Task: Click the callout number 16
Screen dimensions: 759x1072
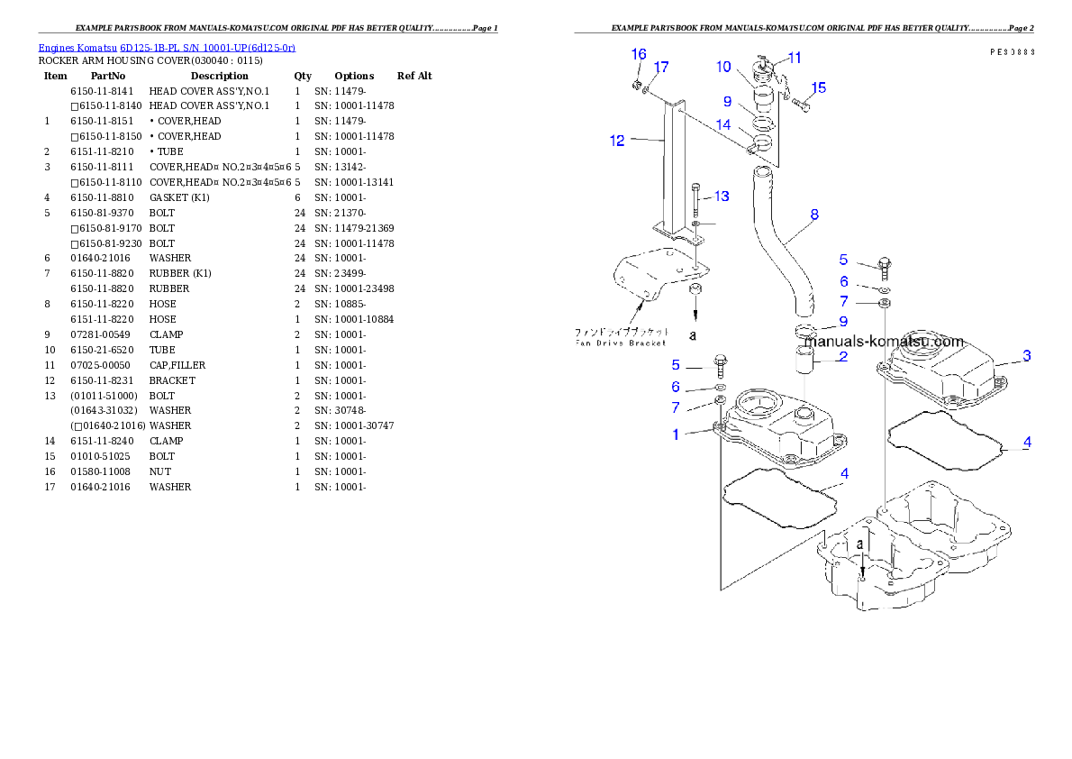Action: [x=639, y=55]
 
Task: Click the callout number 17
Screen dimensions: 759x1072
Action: [x=661, y=68]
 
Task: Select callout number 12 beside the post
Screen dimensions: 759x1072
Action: [x=617, y=141]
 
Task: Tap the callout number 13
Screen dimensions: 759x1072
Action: [x=722, y=196]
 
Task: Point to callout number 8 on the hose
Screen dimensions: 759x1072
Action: [x=814, y=215]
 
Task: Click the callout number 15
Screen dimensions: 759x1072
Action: [x=818, y=87]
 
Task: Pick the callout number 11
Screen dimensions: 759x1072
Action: [x=795, y=58]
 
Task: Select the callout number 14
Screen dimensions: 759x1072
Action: [x=723, y=124]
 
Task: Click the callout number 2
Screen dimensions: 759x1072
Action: [x=842, y=357]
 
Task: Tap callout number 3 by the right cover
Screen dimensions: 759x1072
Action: [x=1026, y=356]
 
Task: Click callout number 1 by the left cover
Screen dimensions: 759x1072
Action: [x=676, y=434]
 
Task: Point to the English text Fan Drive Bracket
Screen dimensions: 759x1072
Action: [x=622, y=343]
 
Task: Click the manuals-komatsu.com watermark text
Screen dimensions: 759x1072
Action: [x=883, y=342]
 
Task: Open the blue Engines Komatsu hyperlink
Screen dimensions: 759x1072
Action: [x=167, y=47]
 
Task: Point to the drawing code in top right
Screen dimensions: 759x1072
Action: [x=1011, y=52]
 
